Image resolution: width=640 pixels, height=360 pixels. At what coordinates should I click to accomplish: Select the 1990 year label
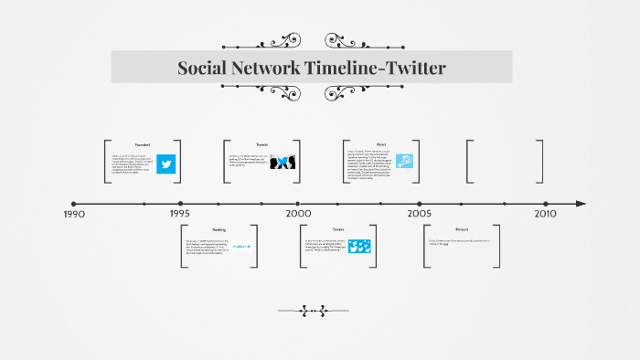74,214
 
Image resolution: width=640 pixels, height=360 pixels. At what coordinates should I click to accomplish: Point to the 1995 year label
179,214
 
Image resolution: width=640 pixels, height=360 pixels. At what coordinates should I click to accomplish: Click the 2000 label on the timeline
298,214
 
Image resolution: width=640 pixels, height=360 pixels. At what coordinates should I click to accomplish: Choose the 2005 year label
420,214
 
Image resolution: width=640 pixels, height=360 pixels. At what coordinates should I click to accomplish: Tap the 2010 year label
545,214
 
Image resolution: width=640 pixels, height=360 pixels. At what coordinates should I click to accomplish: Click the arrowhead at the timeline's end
580,203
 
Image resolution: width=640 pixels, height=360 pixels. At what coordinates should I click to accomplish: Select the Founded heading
143,144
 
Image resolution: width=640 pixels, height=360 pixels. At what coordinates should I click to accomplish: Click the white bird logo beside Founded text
165,164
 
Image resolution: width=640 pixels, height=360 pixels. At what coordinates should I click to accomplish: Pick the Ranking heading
219,229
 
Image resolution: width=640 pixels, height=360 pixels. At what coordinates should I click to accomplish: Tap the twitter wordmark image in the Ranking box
242,247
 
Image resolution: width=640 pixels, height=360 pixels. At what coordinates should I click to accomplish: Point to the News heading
381,144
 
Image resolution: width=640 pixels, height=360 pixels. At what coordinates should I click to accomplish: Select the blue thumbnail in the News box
403,162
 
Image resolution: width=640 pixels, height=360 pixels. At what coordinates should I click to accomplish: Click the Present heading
462,229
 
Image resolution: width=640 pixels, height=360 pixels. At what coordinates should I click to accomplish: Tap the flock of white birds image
361,247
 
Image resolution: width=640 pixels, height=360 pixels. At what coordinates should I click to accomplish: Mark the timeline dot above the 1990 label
74,203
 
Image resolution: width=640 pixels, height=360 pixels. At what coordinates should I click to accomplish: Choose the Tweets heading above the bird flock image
338,229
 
